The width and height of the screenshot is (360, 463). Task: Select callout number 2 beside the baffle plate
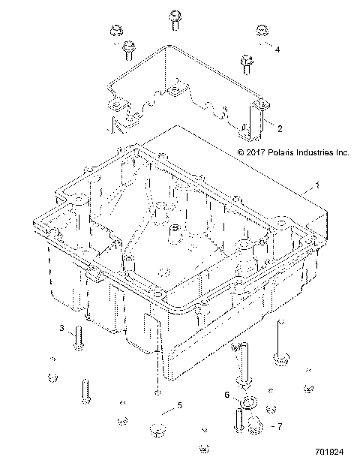pyautogui.click(x=279, y=128)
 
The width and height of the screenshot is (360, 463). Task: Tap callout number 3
pyautogui.click(x=63, y=329)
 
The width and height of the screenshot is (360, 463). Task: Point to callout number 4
pyautogui.click(x=277, y=50)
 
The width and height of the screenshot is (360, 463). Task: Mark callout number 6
pyautogui.click(x=226, y=394)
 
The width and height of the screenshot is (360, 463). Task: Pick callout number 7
pyautogui.click(x=280, y=426)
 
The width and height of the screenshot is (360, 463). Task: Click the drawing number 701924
pyautogui.click(x=331, y=453)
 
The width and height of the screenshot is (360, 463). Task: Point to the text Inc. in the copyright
pyautogui.click(x=342, y=152)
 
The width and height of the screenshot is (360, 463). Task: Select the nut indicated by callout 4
pyautogui.click(x=262, y=32)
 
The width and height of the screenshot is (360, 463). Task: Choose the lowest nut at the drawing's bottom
pyautogui.click(x=203, y=449)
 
